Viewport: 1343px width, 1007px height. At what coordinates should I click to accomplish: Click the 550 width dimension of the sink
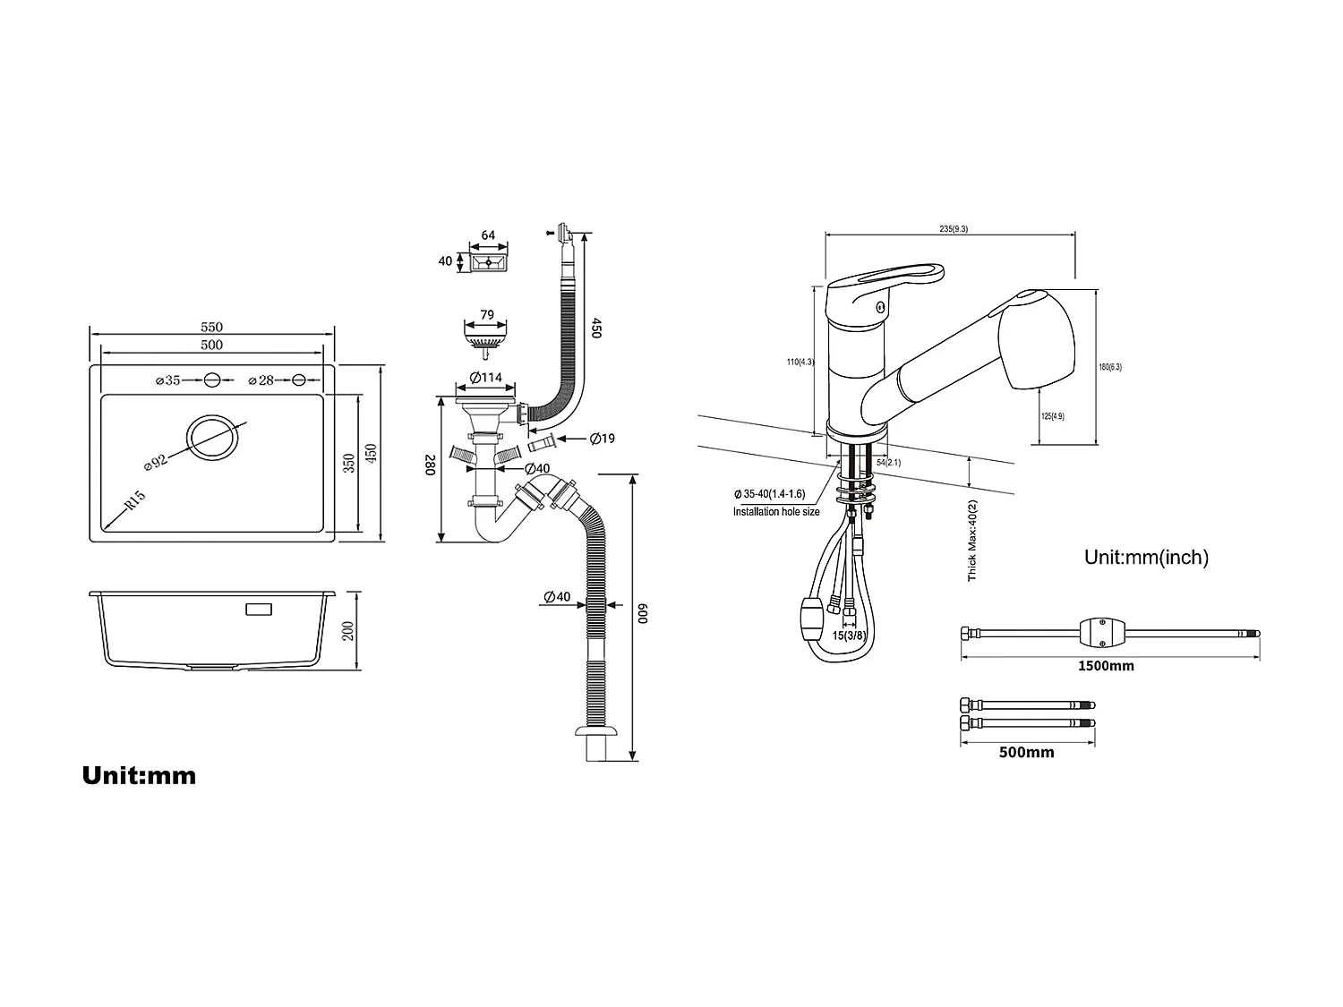(x=211, y=328)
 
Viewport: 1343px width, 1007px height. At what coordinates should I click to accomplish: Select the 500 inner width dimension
(x=211, y=345)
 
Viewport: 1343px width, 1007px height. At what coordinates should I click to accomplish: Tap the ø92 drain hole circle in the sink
(x=212, y=437)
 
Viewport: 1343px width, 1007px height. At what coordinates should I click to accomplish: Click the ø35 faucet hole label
(x=167, y=380)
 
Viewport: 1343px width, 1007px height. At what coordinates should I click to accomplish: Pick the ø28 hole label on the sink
(x=261, y=380)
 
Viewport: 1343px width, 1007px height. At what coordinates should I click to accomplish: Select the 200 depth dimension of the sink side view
(x=349, y=630)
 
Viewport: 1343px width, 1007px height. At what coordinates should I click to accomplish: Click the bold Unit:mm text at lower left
(x=139, y=775)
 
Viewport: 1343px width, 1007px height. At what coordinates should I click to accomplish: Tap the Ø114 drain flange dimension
(x=486, y=378)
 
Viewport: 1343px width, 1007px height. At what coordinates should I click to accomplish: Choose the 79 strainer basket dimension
(x=487, y=314)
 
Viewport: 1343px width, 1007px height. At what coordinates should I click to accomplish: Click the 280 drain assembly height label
(x=430, y=465)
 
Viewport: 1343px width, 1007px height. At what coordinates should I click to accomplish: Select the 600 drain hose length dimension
(x=642, y=616)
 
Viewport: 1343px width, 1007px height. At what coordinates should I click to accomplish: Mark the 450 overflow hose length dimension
(x=596, y=328)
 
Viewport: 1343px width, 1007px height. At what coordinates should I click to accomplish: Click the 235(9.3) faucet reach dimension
(x=953, y=229)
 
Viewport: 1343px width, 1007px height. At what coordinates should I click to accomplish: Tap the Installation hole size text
(x=776, y=512)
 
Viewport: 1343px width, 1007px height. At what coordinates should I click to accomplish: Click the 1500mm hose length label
(x=1107, y=666)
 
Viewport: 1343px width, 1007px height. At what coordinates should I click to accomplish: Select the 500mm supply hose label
(x=1026, y=753)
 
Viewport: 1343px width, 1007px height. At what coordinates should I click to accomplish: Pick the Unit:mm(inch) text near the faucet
(x=1146, y=558)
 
